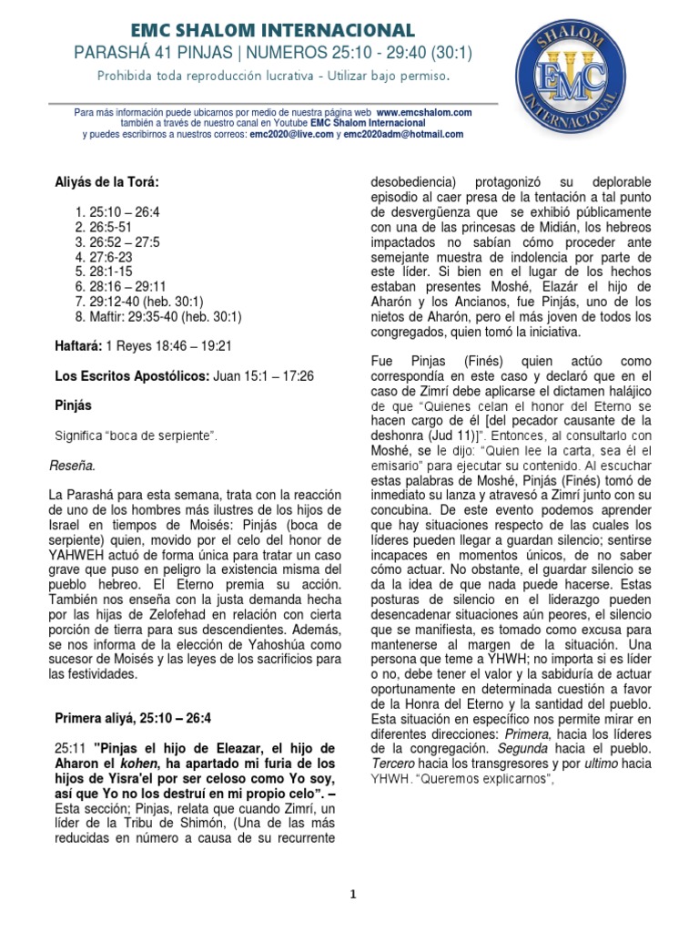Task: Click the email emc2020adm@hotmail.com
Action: [404, 134]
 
